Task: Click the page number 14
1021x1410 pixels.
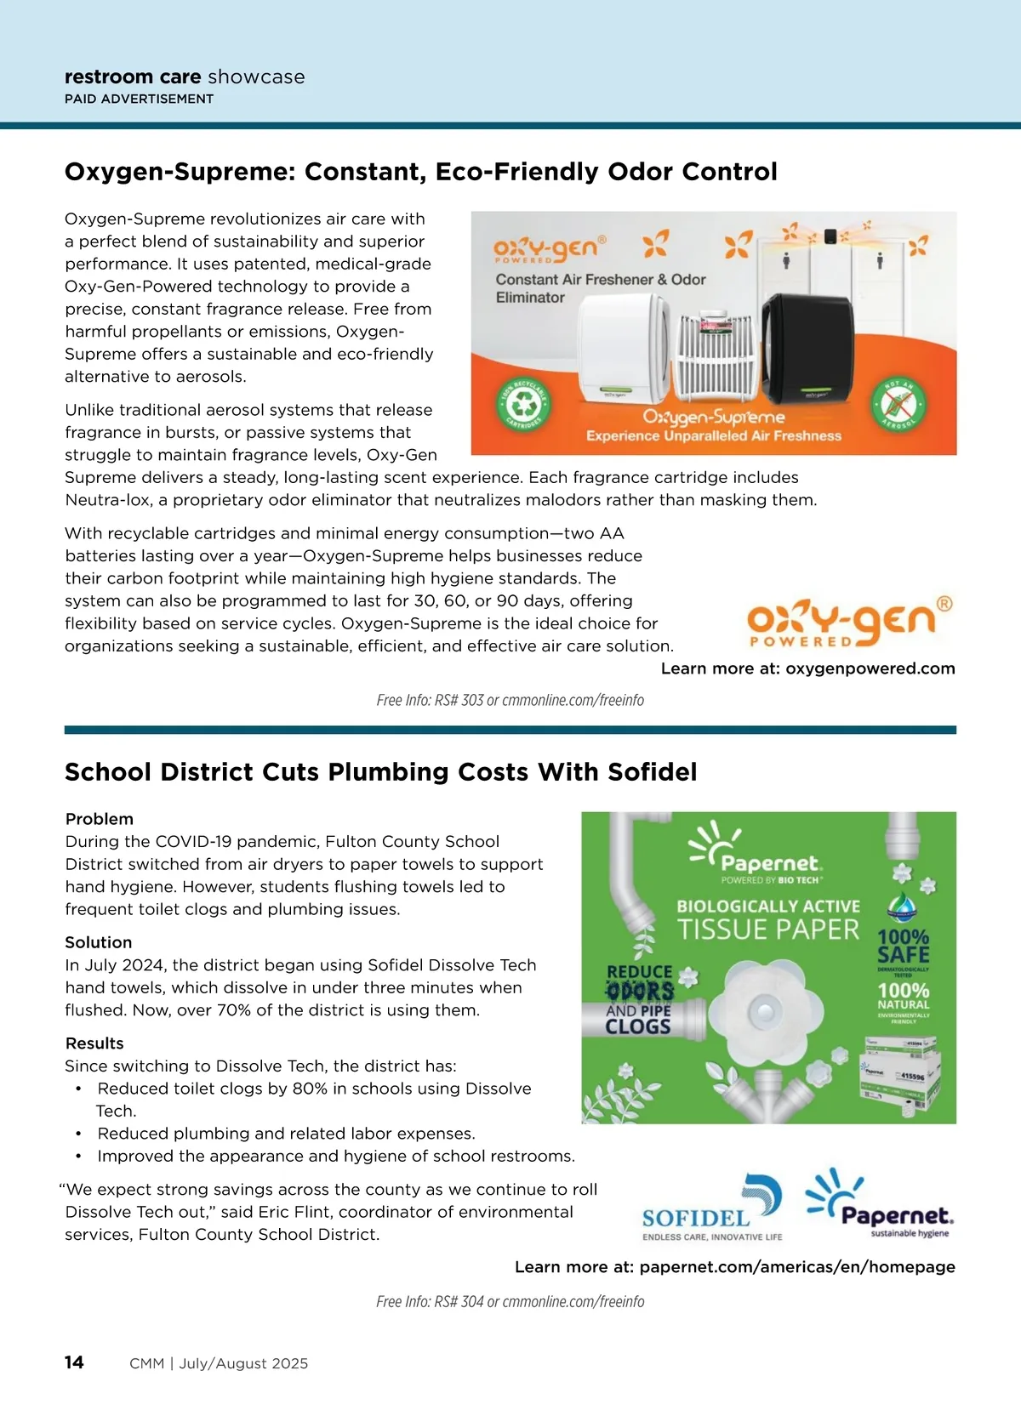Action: click(x=74, y=1362)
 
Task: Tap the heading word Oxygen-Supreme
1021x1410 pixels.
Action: click(x=176, y=172)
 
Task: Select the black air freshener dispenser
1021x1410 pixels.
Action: click(x=808, y=348)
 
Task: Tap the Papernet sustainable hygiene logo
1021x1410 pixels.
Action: click(x=880, y=1204)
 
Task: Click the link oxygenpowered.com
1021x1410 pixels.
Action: click(x=870, y=668)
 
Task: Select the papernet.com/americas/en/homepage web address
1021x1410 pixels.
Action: click(x=797, y=1267)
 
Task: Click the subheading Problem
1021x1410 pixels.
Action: click(x=100, y=819)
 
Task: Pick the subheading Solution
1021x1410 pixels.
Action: click(x=99, y=942)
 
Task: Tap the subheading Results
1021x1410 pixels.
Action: click(x=94, y=1043)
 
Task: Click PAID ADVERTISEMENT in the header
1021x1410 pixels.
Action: click(x=139, y=99)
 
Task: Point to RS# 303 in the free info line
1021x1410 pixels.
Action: click(x=459, y=701)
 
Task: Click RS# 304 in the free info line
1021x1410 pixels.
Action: click(x=459, y=1302)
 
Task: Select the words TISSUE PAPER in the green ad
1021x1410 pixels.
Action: click(x=768, y=930)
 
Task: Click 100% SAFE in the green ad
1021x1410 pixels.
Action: click(x=904, y=947)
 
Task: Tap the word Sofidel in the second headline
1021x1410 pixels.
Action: click(x=652, y=772)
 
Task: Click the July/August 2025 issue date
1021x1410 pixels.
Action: click(x=243, y=1363)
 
